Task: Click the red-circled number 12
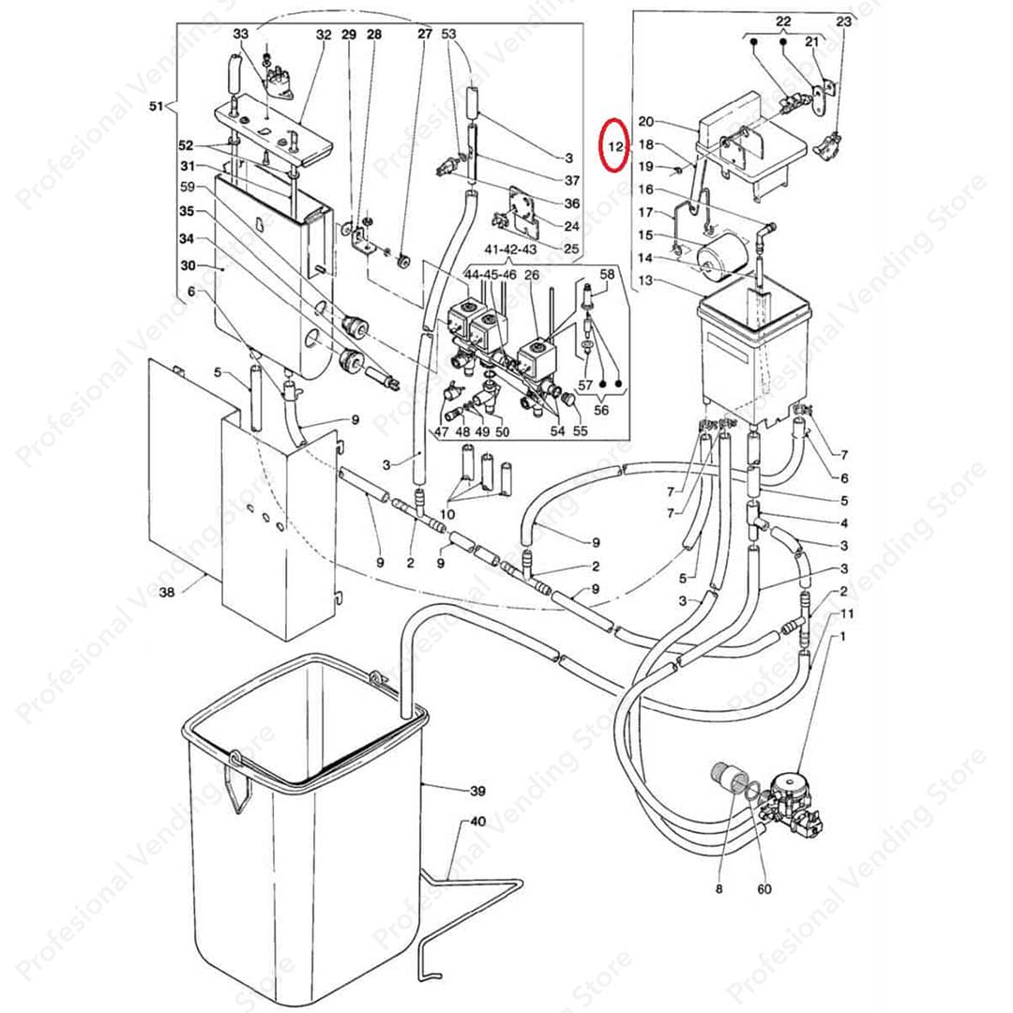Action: [x=615, y=146]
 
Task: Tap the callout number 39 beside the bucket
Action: [x=477, y=791]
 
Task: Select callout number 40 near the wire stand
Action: [x=477, y=822]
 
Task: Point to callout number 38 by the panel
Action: [x=167, y=592]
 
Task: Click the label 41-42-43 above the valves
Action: [x=510, y=249]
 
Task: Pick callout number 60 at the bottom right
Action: [x=764, y=889]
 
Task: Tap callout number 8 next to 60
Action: [x=719, y=889]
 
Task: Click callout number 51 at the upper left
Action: [x=157, y=106]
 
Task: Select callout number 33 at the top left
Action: [x=241, y=34]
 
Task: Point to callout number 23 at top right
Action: [x=844, y=22]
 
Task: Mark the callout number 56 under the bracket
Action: [x=601, y=410]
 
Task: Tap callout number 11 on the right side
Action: [x=847, y=613]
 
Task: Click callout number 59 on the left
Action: [x=188, y=187]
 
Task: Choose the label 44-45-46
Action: [x=491, y=275]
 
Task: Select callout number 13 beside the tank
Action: [x=646, y=280]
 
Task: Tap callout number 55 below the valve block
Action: [x=581, y=431]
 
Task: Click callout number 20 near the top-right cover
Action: [x=646, y=121]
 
